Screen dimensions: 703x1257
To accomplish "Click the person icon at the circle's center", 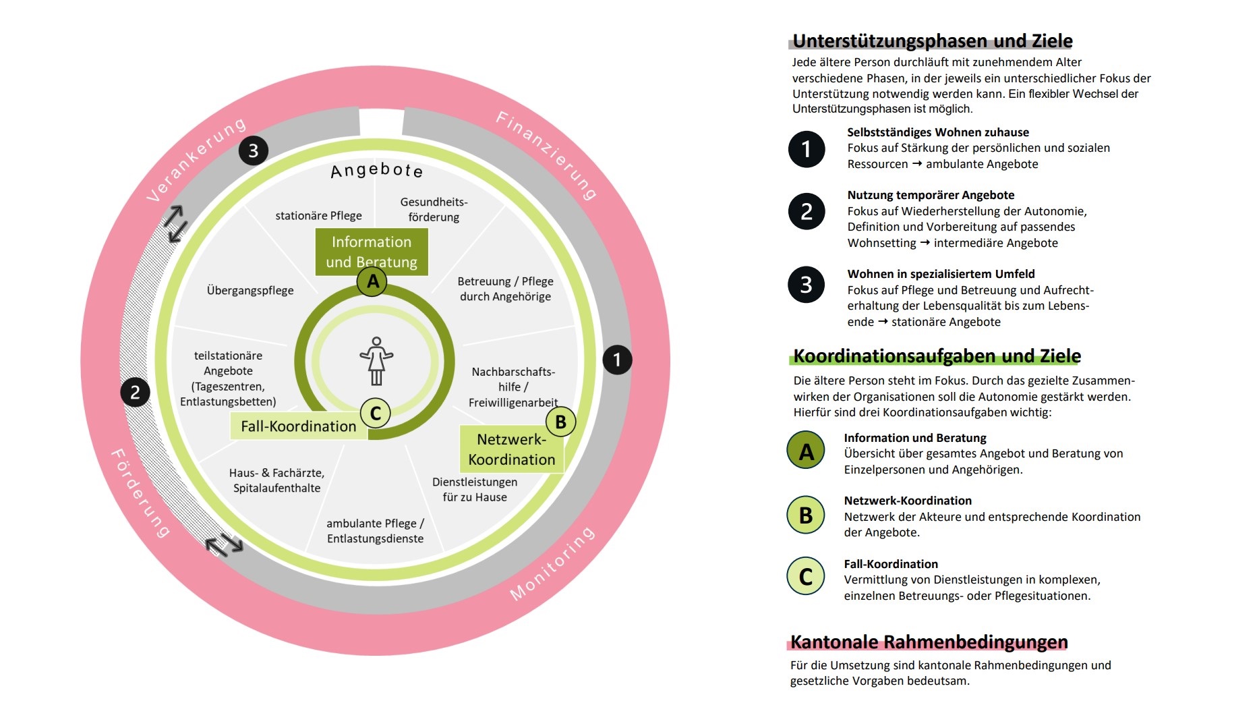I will pyautogui.click(x=376, y=361).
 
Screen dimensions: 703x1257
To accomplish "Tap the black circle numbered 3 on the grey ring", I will pyautogui.click(x=254, y=150).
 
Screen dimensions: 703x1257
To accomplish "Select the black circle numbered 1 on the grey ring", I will pyautogui.click(x=616, y=360).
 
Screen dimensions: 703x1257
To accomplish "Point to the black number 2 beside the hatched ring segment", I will pyautogui.click(x=135, y=392).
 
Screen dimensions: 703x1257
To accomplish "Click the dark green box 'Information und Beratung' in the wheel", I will pyautogui.click(x=372, y=252).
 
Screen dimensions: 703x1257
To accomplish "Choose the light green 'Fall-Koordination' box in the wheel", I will pyautogui.click(x=298, y=426).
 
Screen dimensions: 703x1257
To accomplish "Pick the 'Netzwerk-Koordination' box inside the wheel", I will pyautogui.click(x=512, y=449).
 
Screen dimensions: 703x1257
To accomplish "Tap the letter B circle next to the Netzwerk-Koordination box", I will pyautogui.click(x=560, y=422).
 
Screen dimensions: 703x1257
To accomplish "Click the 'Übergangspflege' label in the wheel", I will pyautogui.click(x=250, y=290).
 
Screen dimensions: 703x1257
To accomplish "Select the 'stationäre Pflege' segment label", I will pyautogui.click(x=318, y=216).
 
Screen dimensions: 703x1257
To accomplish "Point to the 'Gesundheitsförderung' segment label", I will pyautogui.click(x=434, y=209).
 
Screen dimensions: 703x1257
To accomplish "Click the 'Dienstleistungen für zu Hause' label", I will pyautogui.click(x=475, y=489).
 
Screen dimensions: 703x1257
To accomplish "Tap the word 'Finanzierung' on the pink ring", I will pyautogui.click(x=546, y=155).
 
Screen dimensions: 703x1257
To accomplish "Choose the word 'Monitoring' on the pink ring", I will pyautogui.click(x=552, y=563).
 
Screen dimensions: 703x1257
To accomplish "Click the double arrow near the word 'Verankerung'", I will pyautogui.click(x=175, y=223).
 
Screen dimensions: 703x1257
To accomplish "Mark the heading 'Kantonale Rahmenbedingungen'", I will pyautogui.click(x=929, y=642).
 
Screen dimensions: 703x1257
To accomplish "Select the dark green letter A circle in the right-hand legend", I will pyautogui.click(x=806, y=451).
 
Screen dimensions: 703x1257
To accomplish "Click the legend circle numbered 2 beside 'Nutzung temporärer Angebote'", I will pyautogui.click(x=807, y=212).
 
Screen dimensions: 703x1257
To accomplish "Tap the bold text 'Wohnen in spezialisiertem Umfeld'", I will pyautogui.click(x=941, y=274).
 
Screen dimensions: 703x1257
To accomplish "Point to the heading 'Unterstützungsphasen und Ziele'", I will pyautogui.click(x=932, y=41).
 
